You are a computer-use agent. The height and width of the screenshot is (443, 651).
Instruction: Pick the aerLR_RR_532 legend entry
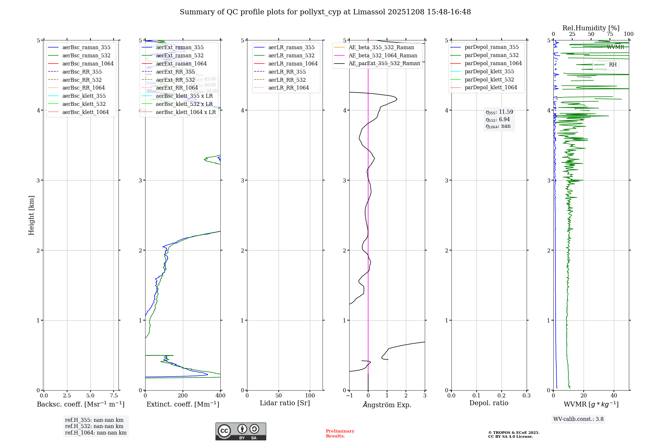[287, 80]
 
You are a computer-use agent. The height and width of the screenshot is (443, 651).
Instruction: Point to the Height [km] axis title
[31, 215]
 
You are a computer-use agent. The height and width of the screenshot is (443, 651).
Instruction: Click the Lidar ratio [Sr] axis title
[285, 403]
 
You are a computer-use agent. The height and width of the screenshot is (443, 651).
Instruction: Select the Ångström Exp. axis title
[387, 405]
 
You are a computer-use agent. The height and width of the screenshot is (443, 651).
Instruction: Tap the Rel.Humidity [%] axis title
[591, 28]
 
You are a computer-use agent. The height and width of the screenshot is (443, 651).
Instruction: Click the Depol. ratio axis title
[489, 403]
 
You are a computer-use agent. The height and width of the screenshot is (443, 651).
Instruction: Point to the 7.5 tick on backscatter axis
[114, 396]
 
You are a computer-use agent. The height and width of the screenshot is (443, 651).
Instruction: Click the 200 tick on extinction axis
[183, 396]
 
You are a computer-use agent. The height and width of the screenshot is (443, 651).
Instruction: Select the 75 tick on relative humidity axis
[610, 34]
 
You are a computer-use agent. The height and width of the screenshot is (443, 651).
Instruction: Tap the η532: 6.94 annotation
[498, 120]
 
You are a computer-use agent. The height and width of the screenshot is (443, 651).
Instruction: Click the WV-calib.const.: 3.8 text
[578, 419]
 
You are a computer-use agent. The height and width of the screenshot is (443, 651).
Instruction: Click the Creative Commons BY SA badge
[241, 432]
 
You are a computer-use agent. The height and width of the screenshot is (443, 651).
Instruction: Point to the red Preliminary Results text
[340, 434]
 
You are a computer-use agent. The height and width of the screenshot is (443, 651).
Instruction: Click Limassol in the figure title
[371, 12]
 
